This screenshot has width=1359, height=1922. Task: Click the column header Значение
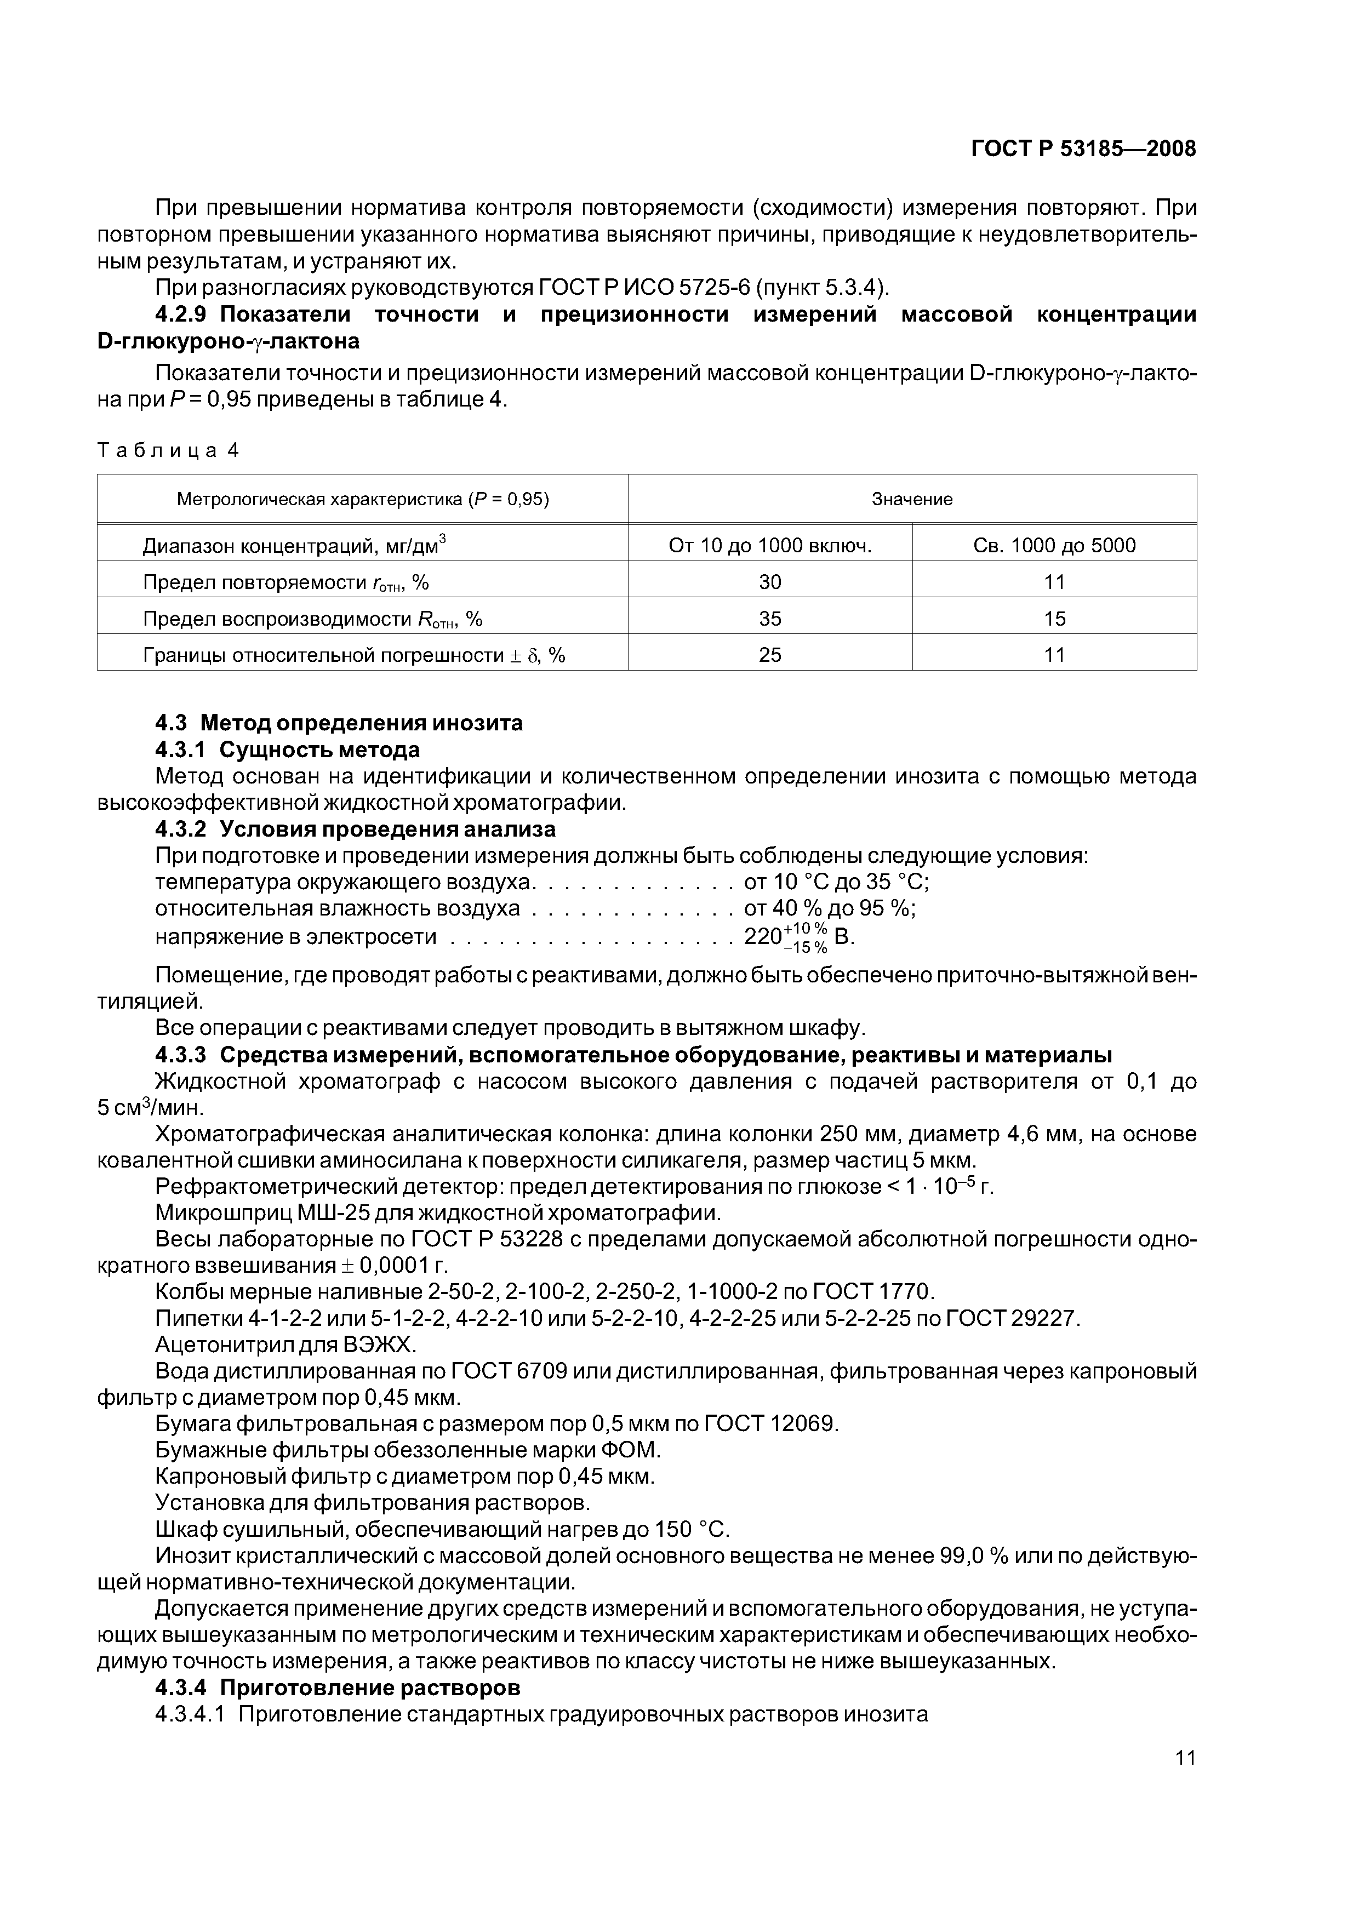coord(912,499)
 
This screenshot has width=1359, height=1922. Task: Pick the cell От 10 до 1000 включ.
coord(769,546)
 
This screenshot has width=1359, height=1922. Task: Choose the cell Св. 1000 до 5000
coord(1054,546)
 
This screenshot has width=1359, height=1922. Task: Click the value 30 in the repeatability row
coord(769,582)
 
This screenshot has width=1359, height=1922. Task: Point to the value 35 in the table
coord(769,619)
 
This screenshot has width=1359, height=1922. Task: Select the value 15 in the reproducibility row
coord(1054,619)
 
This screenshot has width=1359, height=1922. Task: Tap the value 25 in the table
coord(769,655)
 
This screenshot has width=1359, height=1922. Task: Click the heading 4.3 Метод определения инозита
coord(339,723)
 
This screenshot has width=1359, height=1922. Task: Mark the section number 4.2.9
coord(186,314)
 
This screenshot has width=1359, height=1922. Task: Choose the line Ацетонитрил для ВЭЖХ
coord(285,1345)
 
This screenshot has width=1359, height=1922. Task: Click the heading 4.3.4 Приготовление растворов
coord(338,1687)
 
